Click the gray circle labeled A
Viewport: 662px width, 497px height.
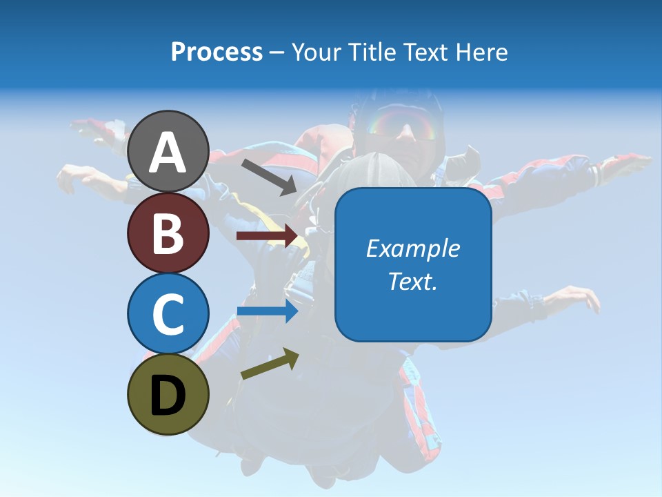(x=168, y=151)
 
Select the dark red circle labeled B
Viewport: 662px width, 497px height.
(x=168, y=233)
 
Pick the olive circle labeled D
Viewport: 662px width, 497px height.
(x=168, y=394)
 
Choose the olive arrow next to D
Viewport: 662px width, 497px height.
(x=270, y=364)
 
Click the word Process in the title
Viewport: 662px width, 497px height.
(x=217, y=52)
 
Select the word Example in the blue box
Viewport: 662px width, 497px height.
(x=412, y=248)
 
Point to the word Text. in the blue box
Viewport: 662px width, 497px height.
(x=412, y=282)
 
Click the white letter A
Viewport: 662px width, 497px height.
(x=168, y=153)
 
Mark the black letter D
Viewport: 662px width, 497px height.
(x=168, y=395)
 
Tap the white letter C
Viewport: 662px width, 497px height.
(x=168, y=314)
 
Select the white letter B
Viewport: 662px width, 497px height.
(x=168, y=233)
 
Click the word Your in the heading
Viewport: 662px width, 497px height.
(x=315, y=52)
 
